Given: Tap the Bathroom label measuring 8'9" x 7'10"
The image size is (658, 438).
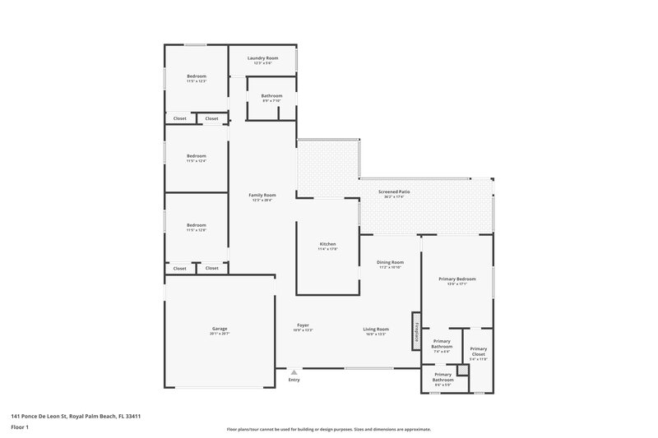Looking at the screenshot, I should [271, 97].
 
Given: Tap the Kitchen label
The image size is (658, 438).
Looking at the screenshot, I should [328, 246].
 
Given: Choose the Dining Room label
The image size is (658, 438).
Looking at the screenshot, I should [391, 264].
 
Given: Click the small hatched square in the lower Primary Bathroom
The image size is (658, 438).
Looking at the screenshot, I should [463, 371].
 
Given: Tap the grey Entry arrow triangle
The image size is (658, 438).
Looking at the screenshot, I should [294, 372].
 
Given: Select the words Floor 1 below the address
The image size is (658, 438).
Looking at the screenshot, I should [21, 427].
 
